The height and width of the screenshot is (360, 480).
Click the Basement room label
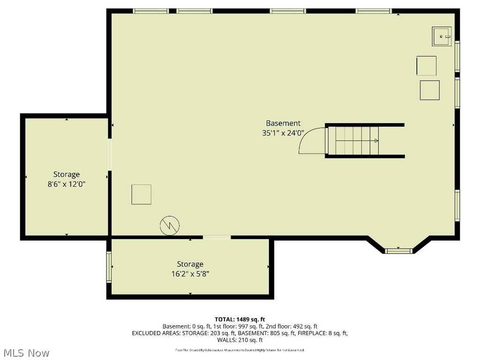283,123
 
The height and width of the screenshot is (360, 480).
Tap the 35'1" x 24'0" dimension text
283,133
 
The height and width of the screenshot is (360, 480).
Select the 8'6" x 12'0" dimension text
66,185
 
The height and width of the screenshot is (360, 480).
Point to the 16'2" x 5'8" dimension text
190,274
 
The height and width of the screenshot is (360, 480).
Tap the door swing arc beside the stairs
311,141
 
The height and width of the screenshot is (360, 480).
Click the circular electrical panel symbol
170,226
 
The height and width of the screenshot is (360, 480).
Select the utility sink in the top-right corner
442,36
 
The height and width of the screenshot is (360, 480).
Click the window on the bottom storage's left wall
109,267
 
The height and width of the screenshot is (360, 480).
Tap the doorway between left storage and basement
110,155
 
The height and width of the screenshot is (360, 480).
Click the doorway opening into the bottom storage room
217,238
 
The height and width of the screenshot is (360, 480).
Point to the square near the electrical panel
141,195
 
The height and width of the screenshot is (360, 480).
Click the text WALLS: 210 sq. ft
240,340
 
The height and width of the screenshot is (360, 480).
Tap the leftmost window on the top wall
151,11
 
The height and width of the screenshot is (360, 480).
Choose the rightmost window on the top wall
373,11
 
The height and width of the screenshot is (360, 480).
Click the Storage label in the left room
66,175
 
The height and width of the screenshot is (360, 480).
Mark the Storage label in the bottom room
190,264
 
